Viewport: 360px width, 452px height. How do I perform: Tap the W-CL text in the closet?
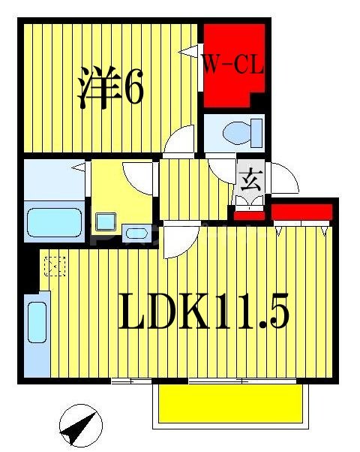(232, 65)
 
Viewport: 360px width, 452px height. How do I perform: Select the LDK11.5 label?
(202, 314)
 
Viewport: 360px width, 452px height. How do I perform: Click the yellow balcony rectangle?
(229, 405)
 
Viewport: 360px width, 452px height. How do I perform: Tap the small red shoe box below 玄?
(249, 216)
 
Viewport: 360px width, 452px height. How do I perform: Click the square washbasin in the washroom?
(105, 221)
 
